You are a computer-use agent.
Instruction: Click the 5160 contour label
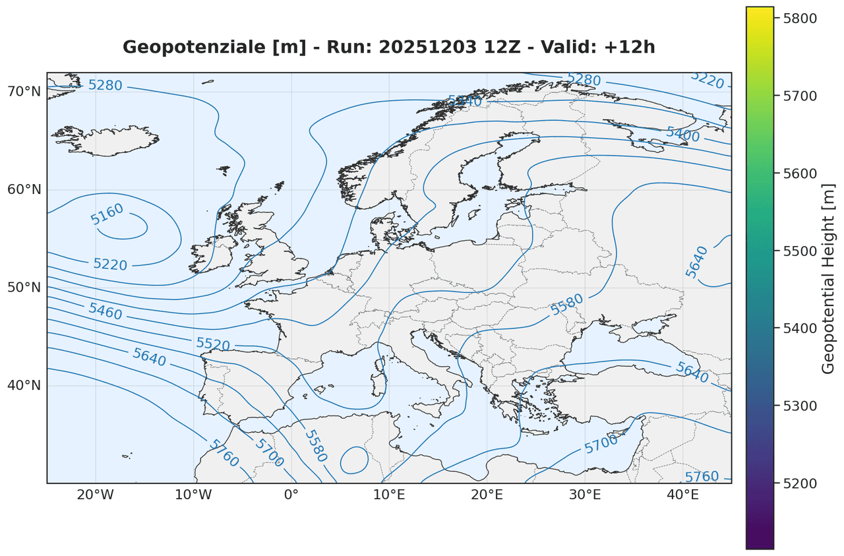pyautogui.click(x=107, y=214)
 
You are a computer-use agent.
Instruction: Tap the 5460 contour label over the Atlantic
pyautogui.click(x=105, y=311)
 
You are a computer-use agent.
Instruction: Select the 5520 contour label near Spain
pyautogui.click(x=212, y=344)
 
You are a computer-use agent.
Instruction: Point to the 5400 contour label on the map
pyautogui.click(x=682, y=133)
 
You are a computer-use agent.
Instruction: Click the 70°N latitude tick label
pyautogui.click(x=24, y=91)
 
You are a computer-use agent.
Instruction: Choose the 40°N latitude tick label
pyautogui.click(x=24, y=385)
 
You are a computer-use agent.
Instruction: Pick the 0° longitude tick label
pyautogui.click(x=291, y=495)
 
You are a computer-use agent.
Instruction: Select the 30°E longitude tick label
pyautogui.click(x=584, y=495)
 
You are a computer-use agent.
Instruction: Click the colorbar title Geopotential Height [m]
pyautogui.click(x=829, y=277)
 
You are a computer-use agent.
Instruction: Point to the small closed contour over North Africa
pyautogui.click(x=354, y=460)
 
